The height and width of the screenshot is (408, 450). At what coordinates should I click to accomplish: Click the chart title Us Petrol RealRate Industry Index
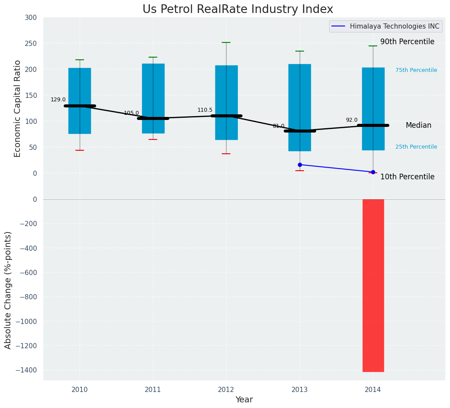coord(238,10)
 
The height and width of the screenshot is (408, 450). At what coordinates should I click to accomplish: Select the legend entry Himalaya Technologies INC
coord(394,26)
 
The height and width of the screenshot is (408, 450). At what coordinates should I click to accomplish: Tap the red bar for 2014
coord(373,285)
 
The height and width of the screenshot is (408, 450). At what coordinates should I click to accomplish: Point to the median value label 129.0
coord(58,100)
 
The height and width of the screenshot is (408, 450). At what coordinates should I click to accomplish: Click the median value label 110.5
coord(205,110)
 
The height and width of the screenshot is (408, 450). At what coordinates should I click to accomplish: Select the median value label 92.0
coord(352,120)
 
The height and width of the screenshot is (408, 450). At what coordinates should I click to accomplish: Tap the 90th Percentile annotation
coord(407,42)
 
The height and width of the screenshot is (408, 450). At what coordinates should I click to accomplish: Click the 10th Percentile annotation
coord(407,177)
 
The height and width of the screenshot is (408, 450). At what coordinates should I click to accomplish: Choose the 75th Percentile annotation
coord(416,70)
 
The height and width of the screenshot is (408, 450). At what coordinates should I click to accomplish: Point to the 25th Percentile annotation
coord(416,147)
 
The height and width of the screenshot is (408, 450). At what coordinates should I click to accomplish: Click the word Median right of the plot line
coord(418,125)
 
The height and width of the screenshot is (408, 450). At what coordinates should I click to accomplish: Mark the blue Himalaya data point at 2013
coord(300,165)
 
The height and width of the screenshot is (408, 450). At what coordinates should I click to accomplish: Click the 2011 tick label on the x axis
coord(153,390)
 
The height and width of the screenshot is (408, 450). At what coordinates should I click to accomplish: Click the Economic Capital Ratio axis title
coord(17,108)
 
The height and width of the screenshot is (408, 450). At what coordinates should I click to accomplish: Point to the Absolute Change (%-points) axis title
coord(8,290)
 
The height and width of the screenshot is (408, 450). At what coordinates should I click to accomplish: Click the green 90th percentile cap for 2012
coord(226,42)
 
